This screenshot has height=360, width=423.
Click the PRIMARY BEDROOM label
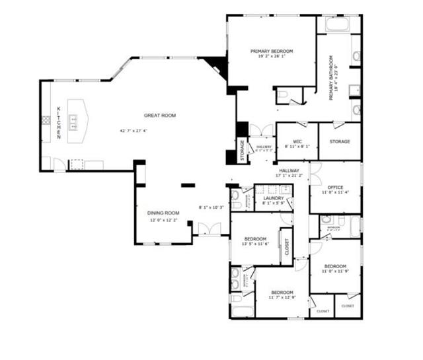(271, 51)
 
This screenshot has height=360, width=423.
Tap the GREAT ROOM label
(160, 116)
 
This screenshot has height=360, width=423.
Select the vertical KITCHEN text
(58, 122)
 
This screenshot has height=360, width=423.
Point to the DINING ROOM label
(163, 213)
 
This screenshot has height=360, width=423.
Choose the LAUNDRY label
(273, 198)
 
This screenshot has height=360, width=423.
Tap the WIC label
(297, 141)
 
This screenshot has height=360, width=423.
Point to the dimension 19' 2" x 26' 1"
(271, 57)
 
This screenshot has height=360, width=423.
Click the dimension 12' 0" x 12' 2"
(163, 219)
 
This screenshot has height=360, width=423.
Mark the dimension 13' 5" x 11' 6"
(255, 244)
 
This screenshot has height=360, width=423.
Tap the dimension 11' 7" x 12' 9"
(281, 298)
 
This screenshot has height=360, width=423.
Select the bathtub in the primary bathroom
(338, 24)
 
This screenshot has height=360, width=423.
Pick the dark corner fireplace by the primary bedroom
(216, 65)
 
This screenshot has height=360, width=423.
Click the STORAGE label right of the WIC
(340, 141)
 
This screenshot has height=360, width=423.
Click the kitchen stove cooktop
(47, 120)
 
